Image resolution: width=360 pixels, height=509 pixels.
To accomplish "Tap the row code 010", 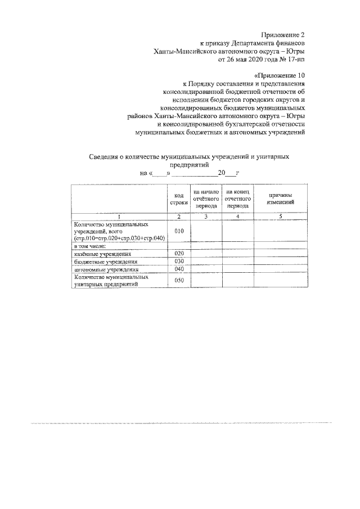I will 179,231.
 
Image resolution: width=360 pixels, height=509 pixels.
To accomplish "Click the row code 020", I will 179,254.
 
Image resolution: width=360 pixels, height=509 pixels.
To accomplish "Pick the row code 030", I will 179,261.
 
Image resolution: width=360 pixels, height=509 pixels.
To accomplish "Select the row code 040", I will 179,269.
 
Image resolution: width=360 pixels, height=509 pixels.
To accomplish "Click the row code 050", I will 179,280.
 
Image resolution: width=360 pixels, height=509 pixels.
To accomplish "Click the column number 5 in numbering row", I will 280,217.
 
